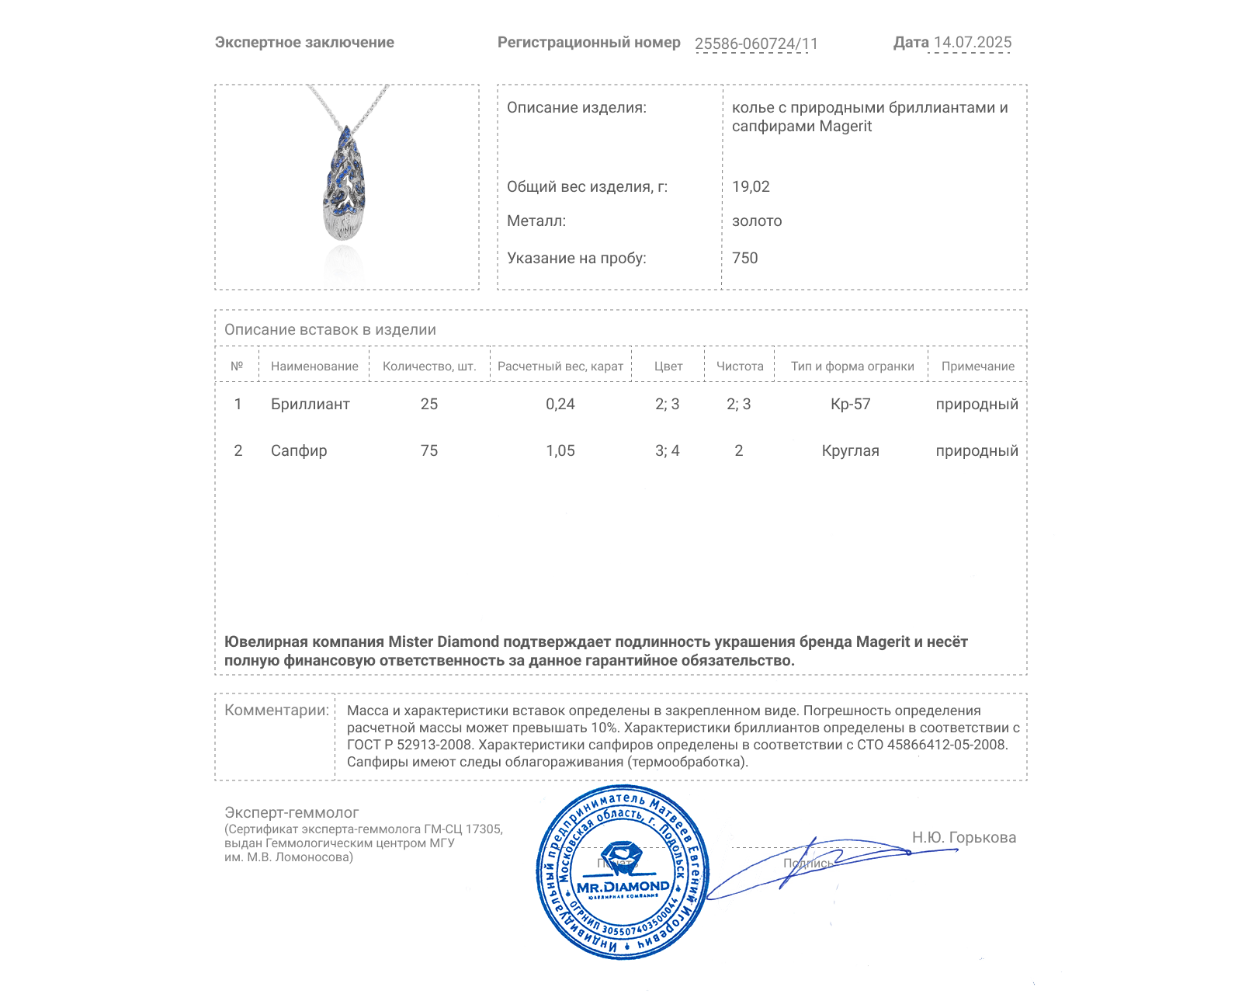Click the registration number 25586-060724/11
[756, 43]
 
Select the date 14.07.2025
[973, 43]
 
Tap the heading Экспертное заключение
[304, 43]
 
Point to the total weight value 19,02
[751, 187]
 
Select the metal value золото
[757, 221]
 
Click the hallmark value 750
[744, 259]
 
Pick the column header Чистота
[740, 367]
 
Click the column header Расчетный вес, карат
[560, 367]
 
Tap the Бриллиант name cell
[310, 405]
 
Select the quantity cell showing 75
[429, 451]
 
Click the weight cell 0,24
[560, 405]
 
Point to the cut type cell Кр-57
[851, 405]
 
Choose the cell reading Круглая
[851, 451]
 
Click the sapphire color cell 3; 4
[668, 451]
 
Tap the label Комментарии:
[276, 711]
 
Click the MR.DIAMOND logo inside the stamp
[623, 887]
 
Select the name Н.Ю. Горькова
[964, 838]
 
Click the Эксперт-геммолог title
[292, 813]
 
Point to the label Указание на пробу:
[577, 259]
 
